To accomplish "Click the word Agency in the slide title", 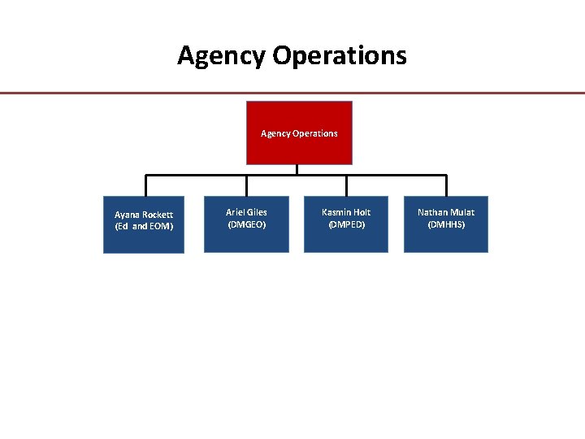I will (x=222, y=56).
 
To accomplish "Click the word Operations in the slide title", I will (x=340, y=56).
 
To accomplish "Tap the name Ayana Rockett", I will (x=144, y=215).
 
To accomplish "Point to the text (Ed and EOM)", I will (x=144, y=226).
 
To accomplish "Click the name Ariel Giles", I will (x=246, y=212).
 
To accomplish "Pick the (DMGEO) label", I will (x=246, y=224).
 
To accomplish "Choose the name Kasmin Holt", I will (x=346, y=212).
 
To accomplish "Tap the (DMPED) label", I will (x=346, y=224).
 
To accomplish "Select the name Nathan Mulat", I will (x=446, y=212).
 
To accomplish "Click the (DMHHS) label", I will (x=446, y=224).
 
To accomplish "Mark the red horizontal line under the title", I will (x=292, y=93).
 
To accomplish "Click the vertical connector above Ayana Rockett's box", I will (x=145, y=185).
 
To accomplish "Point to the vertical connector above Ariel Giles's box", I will (x=246, y=185).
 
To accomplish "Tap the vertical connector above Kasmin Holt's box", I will (x=346, y=185).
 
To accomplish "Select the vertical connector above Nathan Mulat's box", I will (x=446, y=185).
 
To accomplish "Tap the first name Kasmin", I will (x=335, y=212).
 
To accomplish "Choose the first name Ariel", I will (x=236, y=212).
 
